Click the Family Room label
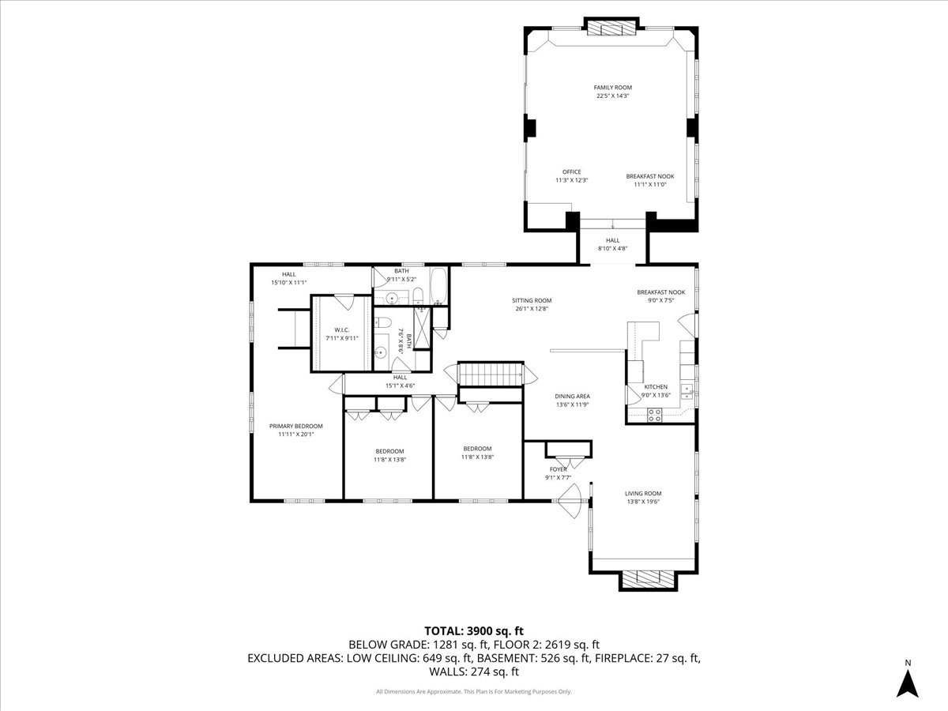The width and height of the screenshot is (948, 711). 613,88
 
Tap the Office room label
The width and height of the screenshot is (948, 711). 571,172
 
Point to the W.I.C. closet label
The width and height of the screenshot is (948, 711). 341,330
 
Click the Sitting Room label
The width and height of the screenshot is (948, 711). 531,300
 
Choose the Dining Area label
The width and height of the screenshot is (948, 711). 572,397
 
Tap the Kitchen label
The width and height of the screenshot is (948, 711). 656,387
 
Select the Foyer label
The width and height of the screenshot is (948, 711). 558,469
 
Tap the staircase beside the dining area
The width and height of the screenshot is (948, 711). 491,373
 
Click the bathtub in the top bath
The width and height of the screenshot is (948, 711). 438,287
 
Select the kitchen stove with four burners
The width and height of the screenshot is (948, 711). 654,415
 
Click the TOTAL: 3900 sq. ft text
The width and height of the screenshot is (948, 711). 473,630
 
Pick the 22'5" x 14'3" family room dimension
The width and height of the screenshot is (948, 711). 613,96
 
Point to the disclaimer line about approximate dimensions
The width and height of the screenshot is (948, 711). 473,692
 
